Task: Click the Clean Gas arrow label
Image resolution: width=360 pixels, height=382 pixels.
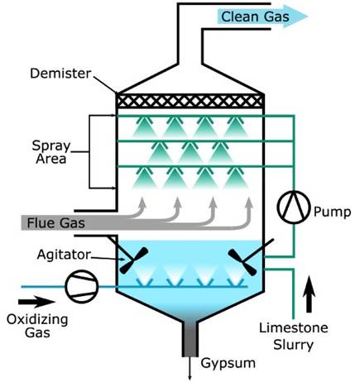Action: [x=255, y=17]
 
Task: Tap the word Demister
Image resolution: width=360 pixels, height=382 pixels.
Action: [x=60, y=74]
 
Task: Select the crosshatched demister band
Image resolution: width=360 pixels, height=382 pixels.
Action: [x=190, y=101]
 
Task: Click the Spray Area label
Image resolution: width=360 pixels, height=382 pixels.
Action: [x=51, y=152]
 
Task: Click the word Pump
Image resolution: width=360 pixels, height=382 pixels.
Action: [x=333, y=212]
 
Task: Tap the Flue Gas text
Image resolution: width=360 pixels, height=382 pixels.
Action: [x=55, y=223]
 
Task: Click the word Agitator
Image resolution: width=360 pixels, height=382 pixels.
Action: [x=64, y=255]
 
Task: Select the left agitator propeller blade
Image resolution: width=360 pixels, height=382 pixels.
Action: [x=134, y=260]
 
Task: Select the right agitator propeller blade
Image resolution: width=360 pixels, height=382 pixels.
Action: [x=242, y=262]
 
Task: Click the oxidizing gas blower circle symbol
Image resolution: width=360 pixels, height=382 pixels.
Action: [x=82, y=287]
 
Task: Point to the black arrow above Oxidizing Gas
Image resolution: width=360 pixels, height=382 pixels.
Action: [x=36, y=302]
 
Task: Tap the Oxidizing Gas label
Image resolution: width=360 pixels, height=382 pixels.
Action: [x=37, y=326]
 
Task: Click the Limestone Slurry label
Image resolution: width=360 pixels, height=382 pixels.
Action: [x=294, y=337]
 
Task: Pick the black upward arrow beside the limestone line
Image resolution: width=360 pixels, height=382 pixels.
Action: [x=309, y=294]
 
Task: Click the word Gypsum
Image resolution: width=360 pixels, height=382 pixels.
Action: [x=228, y=363]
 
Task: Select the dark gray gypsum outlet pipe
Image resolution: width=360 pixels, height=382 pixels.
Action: [x=190, y=339]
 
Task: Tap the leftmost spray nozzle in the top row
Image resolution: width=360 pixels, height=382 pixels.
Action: [x=144, y=127]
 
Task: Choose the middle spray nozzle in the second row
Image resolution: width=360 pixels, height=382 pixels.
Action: [x=190, y=152]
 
